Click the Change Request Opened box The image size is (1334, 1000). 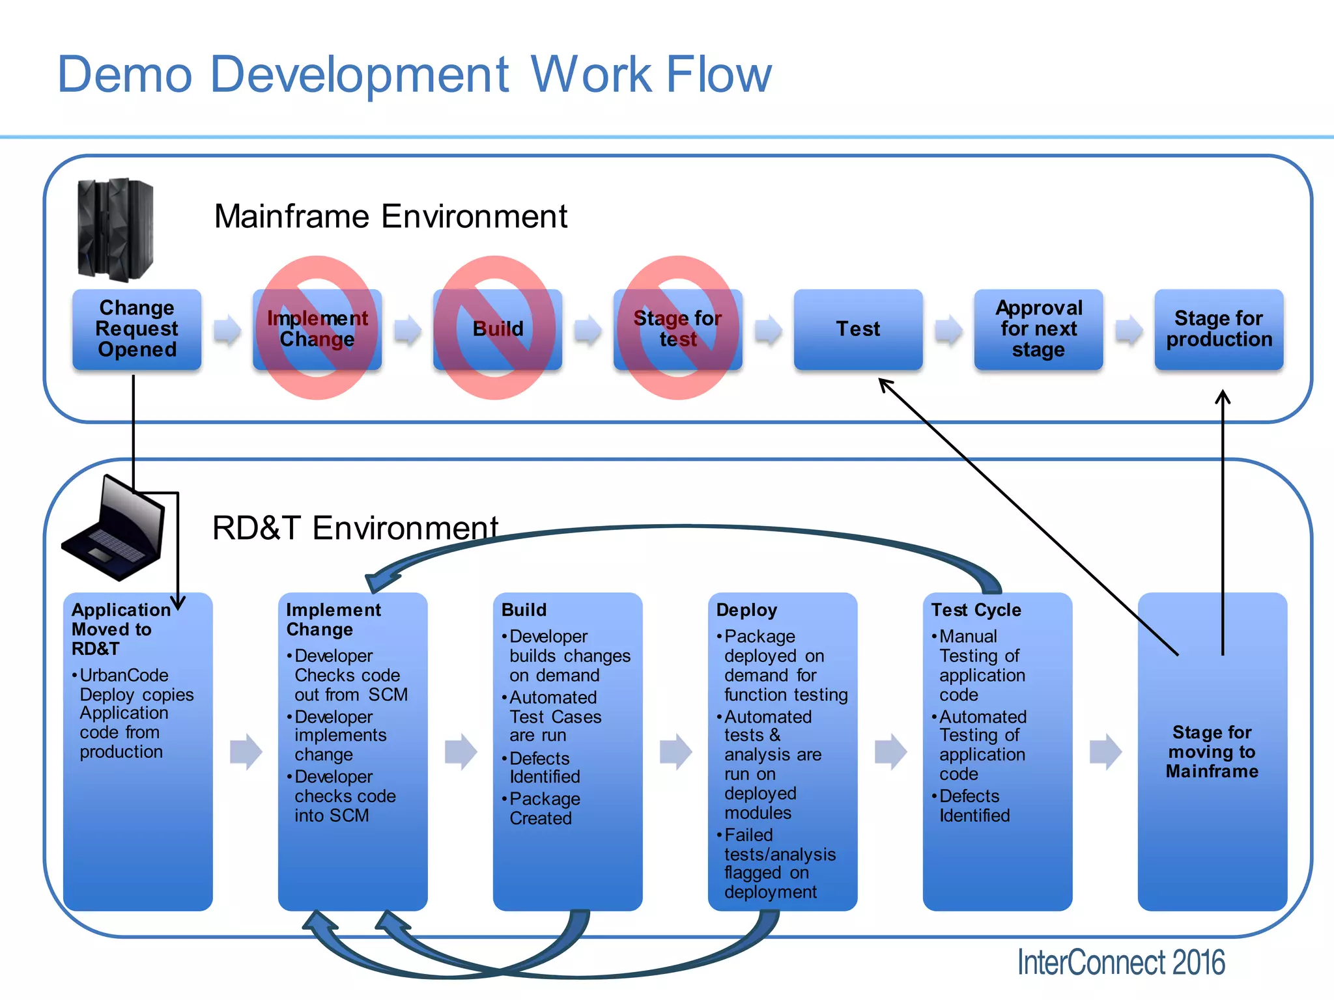[137, 329]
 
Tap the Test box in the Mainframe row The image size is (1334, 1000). [858, 329]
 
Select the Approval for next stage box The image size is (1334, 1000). [1038, 329]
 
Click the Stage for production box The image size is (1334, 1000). [1218, 329]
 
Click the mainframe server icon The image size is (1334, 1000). [115, 229]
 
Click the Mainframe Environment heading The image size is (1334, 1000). [391, 216]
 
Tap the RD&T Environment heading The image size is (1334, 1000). [355, 528]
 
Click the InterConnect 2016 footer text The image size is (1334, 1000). [1120, 962]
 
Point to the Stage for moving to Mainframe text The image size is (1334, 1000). [1212, 752]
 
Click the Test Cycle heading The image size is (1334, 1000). [976, 610]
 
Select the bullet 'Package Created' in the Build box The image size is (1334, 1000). [544, 809]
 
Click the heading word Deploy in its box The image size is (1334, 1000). [746, 610]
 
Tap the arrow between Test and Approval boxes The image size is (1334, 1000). [948, 330]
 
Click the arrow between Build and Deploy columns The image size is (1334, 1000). [675, 751]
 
